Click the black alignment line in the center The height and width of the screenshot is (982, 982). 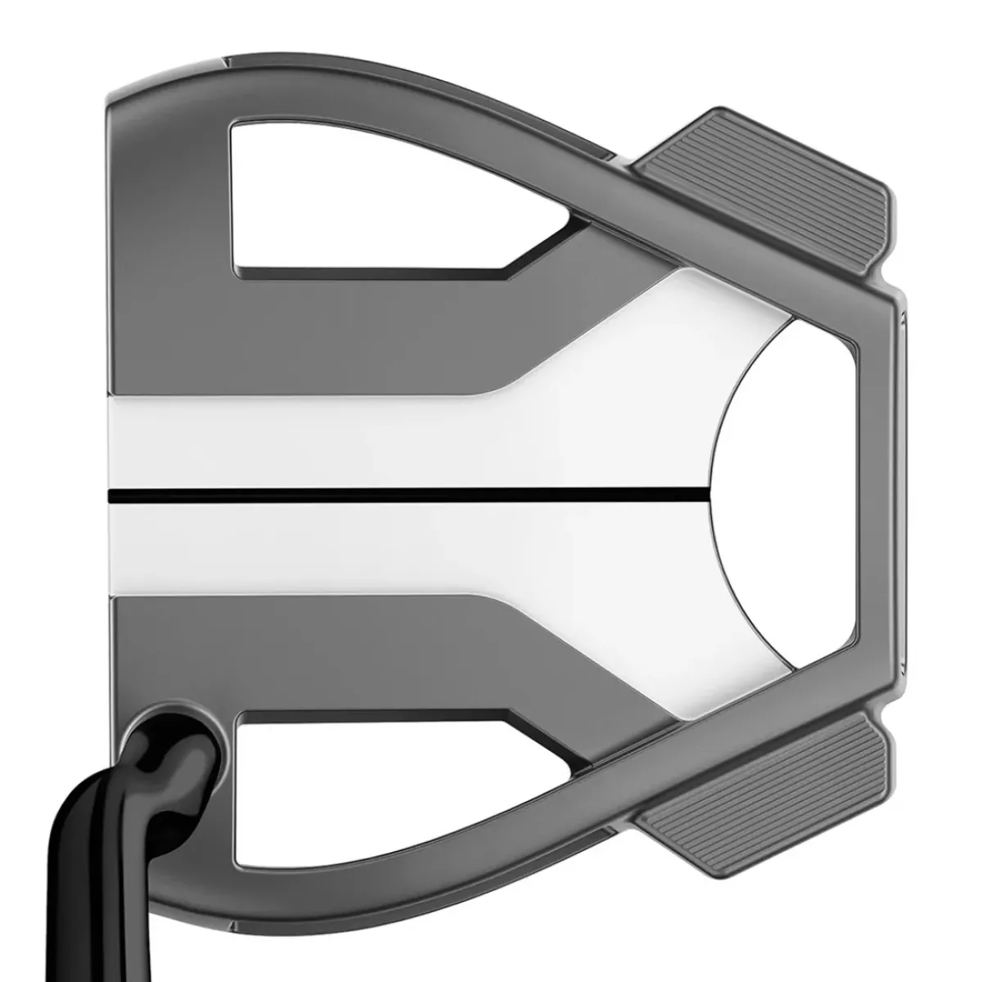click(x=409, y=493)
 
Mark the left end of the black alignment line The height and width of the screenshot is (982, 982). click(x=112, y=493)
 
